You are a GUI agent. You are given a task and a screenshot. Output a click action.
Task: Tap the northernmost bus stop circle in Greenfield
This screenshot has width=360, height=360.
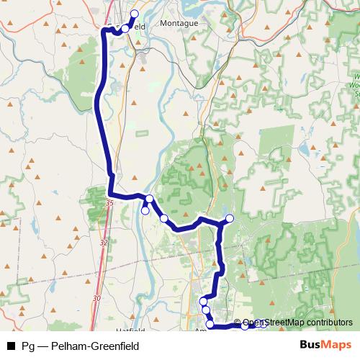134,14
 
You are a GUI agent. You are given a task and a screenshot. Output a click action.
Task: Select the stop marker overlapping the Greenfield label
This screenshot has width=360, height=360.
125,28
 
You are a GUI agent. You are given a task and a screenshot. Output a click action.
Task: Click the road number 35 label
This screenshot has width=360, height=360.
109,204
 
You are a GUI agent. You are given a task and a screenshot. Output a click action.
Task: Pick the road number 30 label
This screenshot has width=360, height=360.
96,297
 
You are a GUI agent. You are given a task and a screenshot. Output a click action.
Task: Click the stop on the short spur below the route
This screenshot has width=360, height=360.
145,210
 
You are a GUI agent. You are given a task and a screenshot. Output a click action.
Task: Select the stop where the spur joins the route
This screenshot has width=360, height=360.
149,199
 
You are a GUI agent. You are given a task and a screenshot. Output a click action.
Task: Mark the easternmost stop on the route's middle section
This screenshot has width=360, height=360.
230,218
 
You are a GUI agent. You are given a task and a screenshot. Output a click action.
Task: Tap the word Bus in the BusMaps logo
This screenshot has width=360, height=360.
311,345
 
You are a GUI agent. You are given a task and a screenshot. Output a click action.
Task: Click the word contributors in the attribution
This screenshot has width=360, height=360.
329,323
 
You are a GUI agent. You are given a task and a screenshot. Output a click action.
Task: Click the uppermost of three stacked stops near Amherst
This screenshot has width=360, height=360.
204,300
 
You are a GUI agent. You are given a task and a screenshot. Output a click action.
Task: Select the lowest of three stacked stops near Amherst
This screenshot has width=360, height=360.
210,325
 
